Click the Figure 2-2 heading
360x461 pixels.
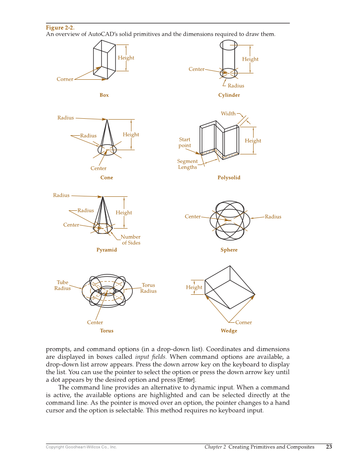click(x=60, y=28)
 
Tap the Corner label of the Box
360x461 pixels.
click(x=65, y=79)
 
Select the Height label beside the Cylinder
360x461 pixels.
click(x=250, y=59)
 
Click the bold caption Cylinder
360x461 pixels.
click(x=229, y=95)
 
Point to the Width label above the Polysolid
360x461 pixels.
click(x=228, y=114)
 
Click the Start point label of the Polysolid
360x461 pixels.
click(x=184, y=142)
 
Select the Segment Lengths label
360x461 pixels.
click(x=187, y=164)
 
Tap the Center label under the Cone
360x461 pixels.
click(x=98, y=168)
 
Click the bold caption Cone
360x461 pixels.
click(x=106, y=178)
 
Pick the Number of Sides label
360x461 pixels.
click(x=131, y=240)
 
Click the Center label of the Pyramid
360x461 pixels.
click(x=71, y=225)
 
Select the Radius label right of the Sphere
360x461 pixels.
click(x=273, y=217)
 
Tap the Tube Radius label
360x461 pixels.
click(x=62, y=285)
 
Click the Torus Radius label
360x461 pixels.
click(x=148, y=288)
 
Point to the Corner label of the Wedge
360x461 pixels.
click(x=243, y=322)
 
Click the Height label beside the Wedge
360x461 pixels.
click(x=194, y=288)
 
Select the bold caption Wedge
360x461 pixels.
click(x=229, y=331)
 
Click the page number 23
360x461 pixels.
click(x=329, y=447)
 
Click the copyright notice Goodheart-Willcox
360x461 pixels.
click(x=81, y=447)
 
